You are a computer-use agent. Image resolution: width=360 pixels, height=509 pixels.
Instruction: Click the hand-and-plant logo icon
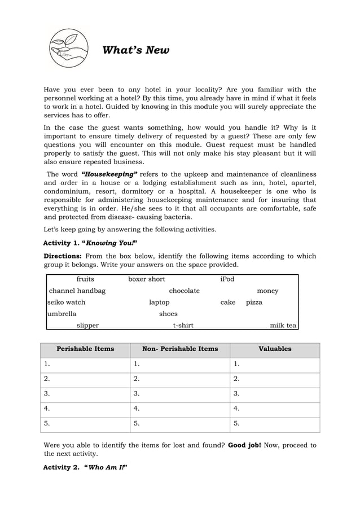[x=68, y=49]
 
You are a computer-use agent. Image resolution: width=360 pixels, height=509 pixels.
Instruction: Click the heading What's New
[x=135, y=51]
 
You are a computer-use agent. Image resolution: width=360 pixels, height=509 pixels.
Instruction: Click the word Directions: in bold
[x=63, y=256]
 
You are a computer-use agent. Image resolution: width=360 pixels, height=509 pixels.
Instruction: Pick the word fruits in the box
[x=85, y=279]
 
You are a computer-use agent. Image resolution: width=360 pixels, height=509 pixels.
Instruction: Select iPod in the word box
[x=227, y=279]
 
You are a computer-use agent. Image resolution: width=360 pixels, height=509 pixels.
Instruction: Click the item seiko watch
[x=67, y=302]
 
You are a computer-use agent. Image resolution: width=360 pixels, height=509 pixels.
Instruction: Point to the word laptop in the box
[x=159, y=302]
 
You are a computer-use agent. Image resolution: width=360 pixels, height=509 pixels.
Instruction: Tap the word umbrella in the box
[x=62, y=314]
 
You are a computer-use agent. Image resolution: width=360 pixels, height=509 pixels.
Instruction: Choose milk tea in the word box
[x=283, y=326]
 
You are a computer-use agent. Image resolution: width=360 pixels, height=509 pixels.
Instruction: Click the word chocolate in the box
[x=184, y=291]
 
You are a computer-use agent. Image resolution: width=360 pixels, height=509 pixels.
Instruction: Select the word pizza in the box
[x=254, y=302]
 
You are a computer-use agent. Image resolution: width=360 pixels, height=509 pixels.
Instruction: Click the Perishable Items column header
[x=85, y=349]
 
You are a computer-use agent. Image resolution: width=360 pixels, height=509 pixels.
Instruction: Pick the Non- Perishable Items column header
[x=180, y=349]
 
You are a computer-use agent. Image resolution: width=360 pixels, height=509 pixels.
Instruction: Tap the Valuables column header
[x=275, y=349]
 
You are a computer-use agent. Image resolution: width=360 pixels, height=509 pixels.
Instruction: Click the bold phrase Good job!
[x=244, y=445]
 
